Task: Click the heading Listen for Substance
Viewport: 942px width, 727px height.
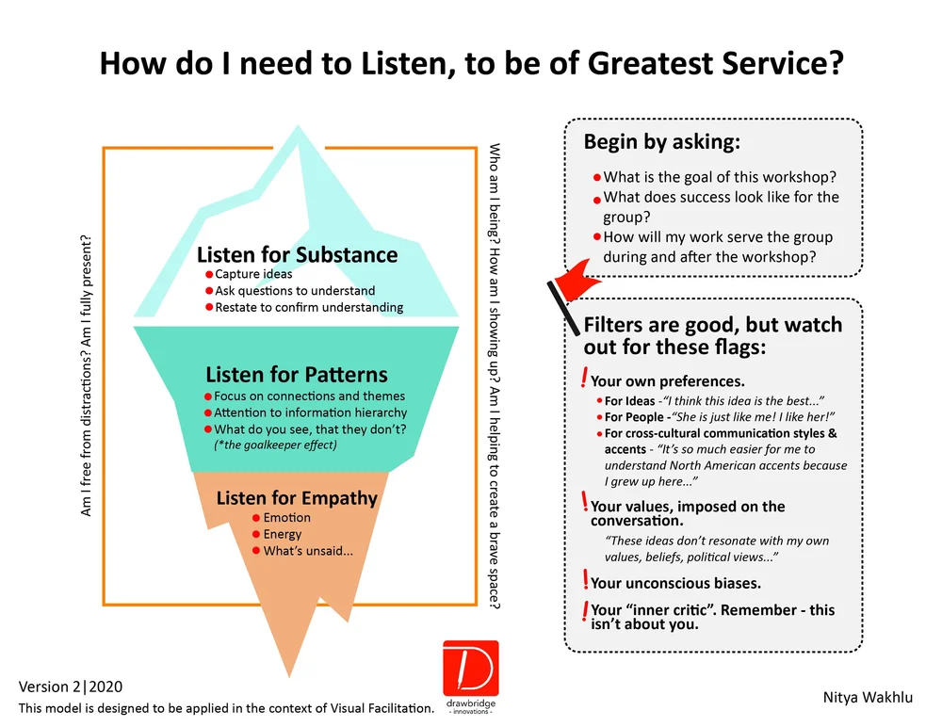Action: click(297, 255)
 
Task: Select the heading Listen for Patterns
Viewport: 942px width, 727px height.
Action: click(296, 374)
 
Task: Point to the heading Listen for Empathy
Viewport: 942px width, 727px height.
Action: click(297, 497)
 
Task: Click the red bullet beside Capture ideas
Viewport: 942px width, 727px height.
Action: click(208, 275)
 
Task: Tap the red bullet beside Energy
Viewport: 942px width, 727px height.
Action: click(255, 535)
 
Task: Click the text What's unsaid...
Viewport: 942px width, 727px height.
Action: click(308, 551)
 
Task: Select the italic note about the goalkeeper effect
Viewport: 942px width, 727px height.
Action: click(275, 444)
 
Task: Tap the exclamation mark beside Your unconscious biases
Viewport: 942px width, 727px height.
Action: click(585, 580)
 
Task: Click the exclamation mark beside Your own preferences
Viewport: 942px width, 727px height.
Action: click(585, 380)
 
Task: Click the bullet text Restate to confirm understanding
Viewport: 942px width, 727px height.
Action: click(309, 307)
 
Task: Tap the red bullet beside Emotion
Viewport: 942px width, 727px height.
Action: click(255, 518)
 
